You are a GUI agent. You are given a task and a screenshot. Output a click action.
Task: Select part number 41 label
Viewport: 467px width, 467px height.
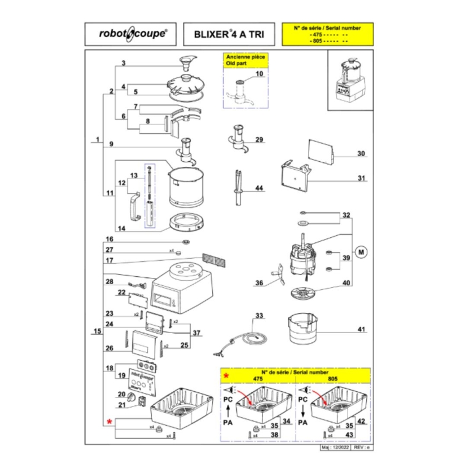pos(361,330)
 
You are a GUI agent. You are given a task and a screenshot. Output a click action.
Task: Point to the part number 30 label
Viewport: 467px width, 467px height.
pos(361,154)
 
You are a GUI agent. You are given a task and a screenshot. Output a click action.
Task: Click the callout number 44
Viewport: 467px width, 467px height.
pos(259,189)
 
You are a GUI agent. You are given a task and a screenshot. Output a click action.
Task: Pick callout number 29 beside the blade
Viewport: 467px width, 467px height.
pos(259,139)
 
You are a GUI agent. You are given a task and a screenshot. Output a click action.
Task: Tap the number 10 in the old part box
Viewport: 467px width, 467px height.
pos(259,74)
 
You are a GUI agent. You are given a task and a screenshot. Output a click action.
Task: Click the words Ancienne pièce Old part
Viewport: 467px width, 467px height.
pos(245,61)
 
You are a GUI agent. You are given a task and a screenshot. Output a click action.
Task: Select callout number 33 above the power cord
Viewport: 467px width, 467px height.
pos(259,316)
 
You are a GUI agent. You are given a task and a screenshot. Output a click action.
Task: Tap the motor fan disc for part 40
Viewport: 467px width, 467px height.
pos(302,293)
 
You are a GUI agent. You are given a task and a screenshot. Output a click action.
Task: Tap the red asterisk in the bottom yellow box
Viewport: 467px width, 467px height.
pos(226,376)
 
